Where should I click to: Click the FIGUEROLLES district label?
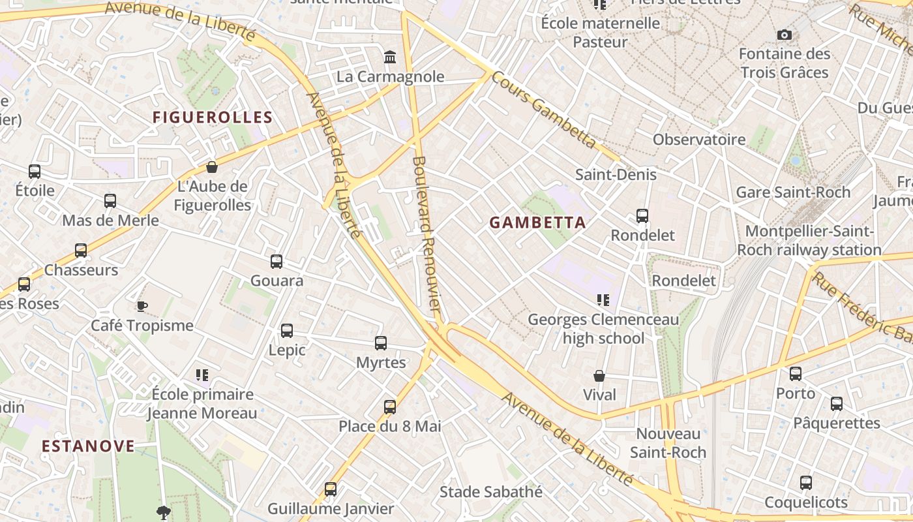[x=212, y=117]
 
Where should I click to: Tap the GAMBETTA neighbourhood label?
[x=537, y=223]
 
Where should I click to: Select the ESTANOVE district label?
[x=88, y=446]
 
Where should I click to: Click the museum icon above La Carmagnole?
[x=390, y=57]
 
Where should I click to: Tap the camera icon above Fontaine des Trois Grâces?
[x=784, y=35]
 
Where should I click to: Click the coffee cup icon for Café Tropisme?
[x=142, y=306]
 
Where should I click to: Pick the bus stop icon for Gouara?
[x=277, y=262]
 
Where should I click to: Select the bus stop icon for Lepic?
[x=287, y=331]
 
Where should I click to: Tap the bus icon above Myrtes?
[x=381, y=343]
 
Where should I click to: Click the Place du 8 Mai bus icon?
[x=390, y=407]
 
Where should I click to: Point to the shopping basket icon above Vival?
[x=599, y=376]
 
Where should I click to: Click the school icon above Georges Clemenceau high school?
[x=603, y=300]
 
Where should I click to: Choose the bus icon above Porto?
[x=796, y=374]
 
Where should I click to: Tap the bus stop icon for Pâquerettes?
[x=837, y=404]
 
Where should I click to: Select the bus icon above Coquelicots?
[x=806, y=483]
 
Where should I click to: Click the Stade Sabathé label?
[x=490, y=491]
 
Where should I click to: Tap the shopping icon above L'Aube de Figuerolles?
[x=211, y=167]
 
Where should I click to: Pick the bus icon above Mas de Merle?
[x=110, y=201]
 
